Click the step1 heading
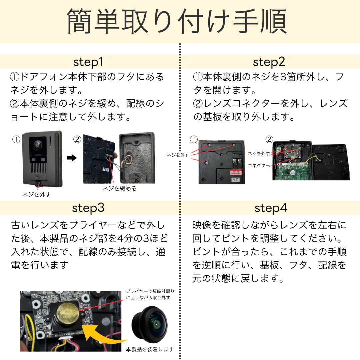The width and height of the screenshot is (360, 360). pyautogui.click(x=88, y=62)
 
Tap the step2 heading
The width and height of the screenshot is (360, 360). pyautogui.click(x=269, y=62)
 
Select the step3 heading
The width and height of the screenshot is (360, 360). pyautogui.click(x=88, y=208)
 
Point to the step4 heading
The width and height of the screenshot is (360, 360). pyautogui.click(x=271, y=208)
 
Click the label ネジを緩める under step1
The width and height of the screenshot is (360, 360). pyautogui.click(x=119, y=189)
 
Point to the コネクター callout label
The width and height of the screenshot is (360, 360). pyautogui.click(x=259, y=166)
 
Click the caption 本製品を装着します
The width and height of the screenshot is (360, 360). pyautogui.click(x=150, y=349)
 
